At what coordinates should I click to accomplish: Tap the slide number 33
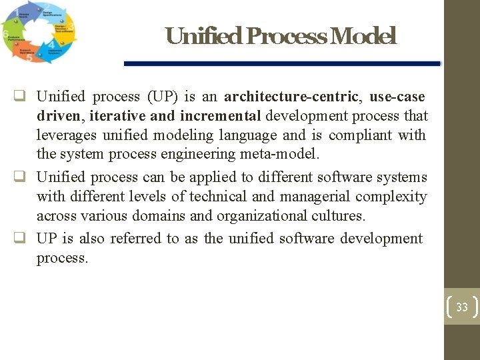pyautogui.click(x=462, y=307)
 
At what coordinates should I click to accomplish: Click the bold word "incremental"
pyautogui.click(x=220, y=116)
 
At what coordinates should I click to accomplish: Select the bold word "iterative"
pyautogui.click(x=119, y=116)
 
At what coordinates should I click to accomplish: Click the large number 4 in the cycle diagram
pyautogui.click(x=52, y=46)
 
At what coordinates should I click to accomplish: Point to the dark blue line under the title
pyautogui.click(x=282, y=63)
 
